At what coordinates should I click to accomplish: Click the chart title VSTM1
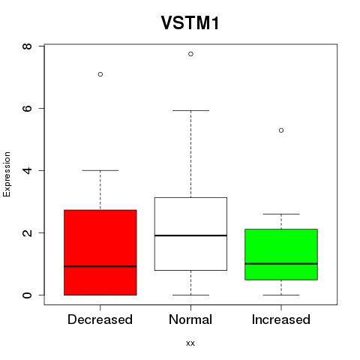pyautogui.click(x=190, y=23)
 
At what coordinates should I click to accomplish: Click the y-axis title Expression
pyautogui.click(x=7, y=174)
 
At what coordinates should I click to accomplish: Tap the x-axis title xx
pyautogui.click(x=190, y=343)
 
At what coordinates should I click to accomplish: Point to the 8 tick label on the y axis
pyautogui.click(x=27, y=46)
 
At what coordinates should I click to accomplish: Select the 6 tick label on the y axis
pyautogui.click(x=27, y=108)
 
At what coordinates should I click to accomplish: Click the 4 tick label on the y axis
pyautogui.click(x=27, y=170)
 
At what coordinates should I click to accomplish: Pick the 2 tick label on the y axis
pyautogui.click(x=27, y=232)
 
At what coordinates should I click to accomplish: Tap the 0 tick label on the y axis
pyautogui.click(x=27, y=295)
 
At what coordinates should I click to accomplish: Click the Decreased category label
pyautogui.click(x=100, y=319)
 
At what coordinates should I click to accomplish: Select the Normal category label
pyautogui.click(x=190, y=319)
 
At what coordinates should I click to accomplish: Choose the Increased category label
pyautogui.click(x=281, y=319)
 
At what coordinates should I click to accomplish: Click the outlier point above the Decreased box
pyautogui.click(x=100, y=74)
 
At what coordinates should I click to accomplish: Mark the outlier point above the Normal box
pyautogui.click(x=190, y=54)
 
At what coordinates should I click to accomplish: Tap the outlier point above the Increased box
pyautogui.click(x=281, y=130)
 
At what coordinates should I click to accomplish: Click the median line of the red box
pyautogui.click(x=100, y=266)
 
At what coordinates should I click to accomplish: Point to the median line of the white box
pyautogui.click(x=190, y=235)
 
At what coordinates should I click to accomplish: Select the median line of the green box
pyautogui.click(x=281, y=263)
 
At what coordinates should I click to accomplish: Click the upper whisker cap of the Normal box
pyautogui.click(x=190, y=110)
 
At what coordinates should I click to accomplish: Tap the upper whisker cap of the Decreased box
pyautogui.click(x=100, y=170)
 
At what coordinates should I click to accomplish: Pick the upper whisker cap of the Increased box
pyautogui.click(x=281, y=214)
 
